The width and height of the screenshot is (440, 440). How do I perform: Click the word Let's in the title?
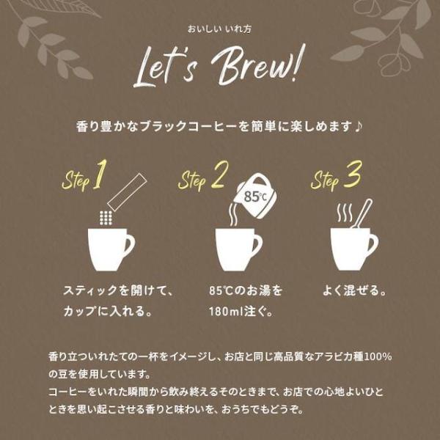click(x=166, y=67)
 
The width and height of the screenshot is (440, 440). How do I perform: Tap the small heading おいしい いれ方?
click(x=219, y=29)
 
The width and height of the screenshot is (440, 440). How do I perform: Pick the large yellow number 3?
click(x=353, y=174)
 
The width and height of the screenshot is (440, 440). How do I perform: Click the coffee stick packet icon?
click(x=128, y=192)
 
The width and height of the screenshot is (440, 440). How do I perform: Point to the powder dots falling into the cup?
click(x=106, y=218)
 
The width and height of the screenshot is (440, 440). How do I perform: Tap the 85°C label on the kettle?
click(x=255, y=197)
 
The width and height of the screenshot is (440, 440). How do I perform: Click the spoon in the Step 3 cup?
click(x=362, y=213)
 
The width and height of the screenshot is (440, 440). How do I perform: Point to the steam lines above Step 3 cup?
click(x=345, y=213)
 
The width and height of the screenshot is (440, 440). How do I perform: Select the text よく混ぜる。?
click(x=354, y=290)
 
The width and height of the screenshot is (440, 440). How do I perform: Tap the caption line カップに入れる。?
click(x=108, y=312)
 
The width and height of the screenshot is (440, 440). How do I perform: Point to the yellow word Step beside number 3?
click(x=326, y=181)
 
